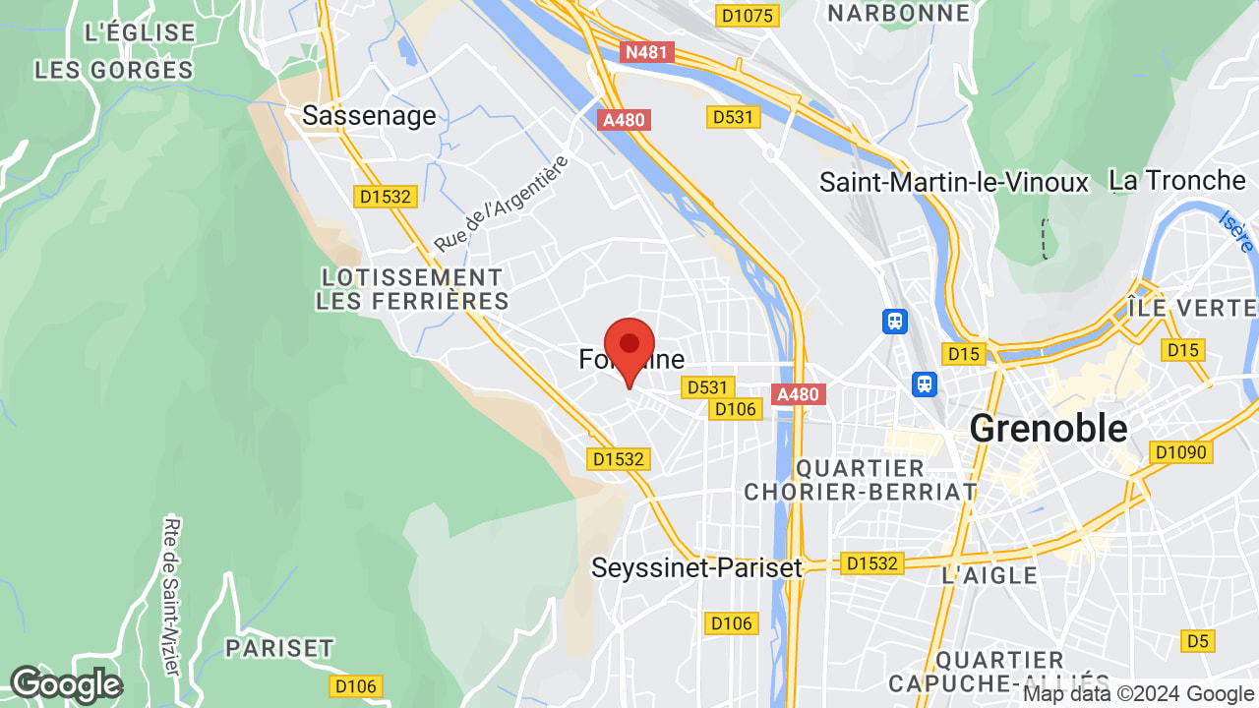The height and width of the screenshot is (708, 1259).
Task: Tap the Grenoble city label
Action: click(1049, 428)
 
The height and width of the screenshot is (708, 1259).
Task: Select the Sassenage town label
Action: click(369, 116)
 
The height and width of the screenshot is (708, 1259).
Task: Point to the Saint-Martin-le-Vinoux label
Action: click(954, 182)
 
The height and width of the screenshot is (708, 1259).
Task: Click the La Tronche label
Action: click(1176, 180)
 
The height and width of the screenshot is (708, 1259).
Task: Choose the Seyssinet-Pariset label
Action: click(696, 567)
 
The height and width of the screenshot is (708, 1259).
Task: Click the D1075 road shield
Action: click(749, 15)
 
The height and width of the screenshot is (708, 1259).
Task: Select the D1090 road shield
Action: click(1182, 452)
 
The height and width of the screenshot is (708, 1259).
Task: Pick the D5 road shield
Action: click(1196, 641)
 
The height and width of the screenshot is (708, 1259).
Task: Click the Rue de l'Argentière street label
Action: click(503, 203)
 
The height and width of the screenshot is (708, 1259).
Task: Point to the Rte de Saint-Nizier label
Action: click(172, 596)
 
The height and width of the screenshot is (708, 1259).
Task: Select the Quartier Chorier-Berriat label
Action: click(861, 480)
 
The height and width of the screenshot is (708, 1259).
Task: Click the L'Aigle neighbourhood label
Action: click(989, 575)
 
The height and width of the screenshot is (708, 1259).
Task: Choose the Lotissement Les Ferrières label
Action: click(412, 289)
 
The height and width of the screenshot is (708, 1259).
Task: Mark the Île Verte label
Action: click(1191, 308)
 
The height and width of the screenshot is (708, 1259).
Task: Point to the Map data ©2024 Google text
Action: click(1138, 694)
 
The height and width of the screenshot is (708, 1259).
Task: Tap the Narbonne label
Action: click(898, 13)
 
